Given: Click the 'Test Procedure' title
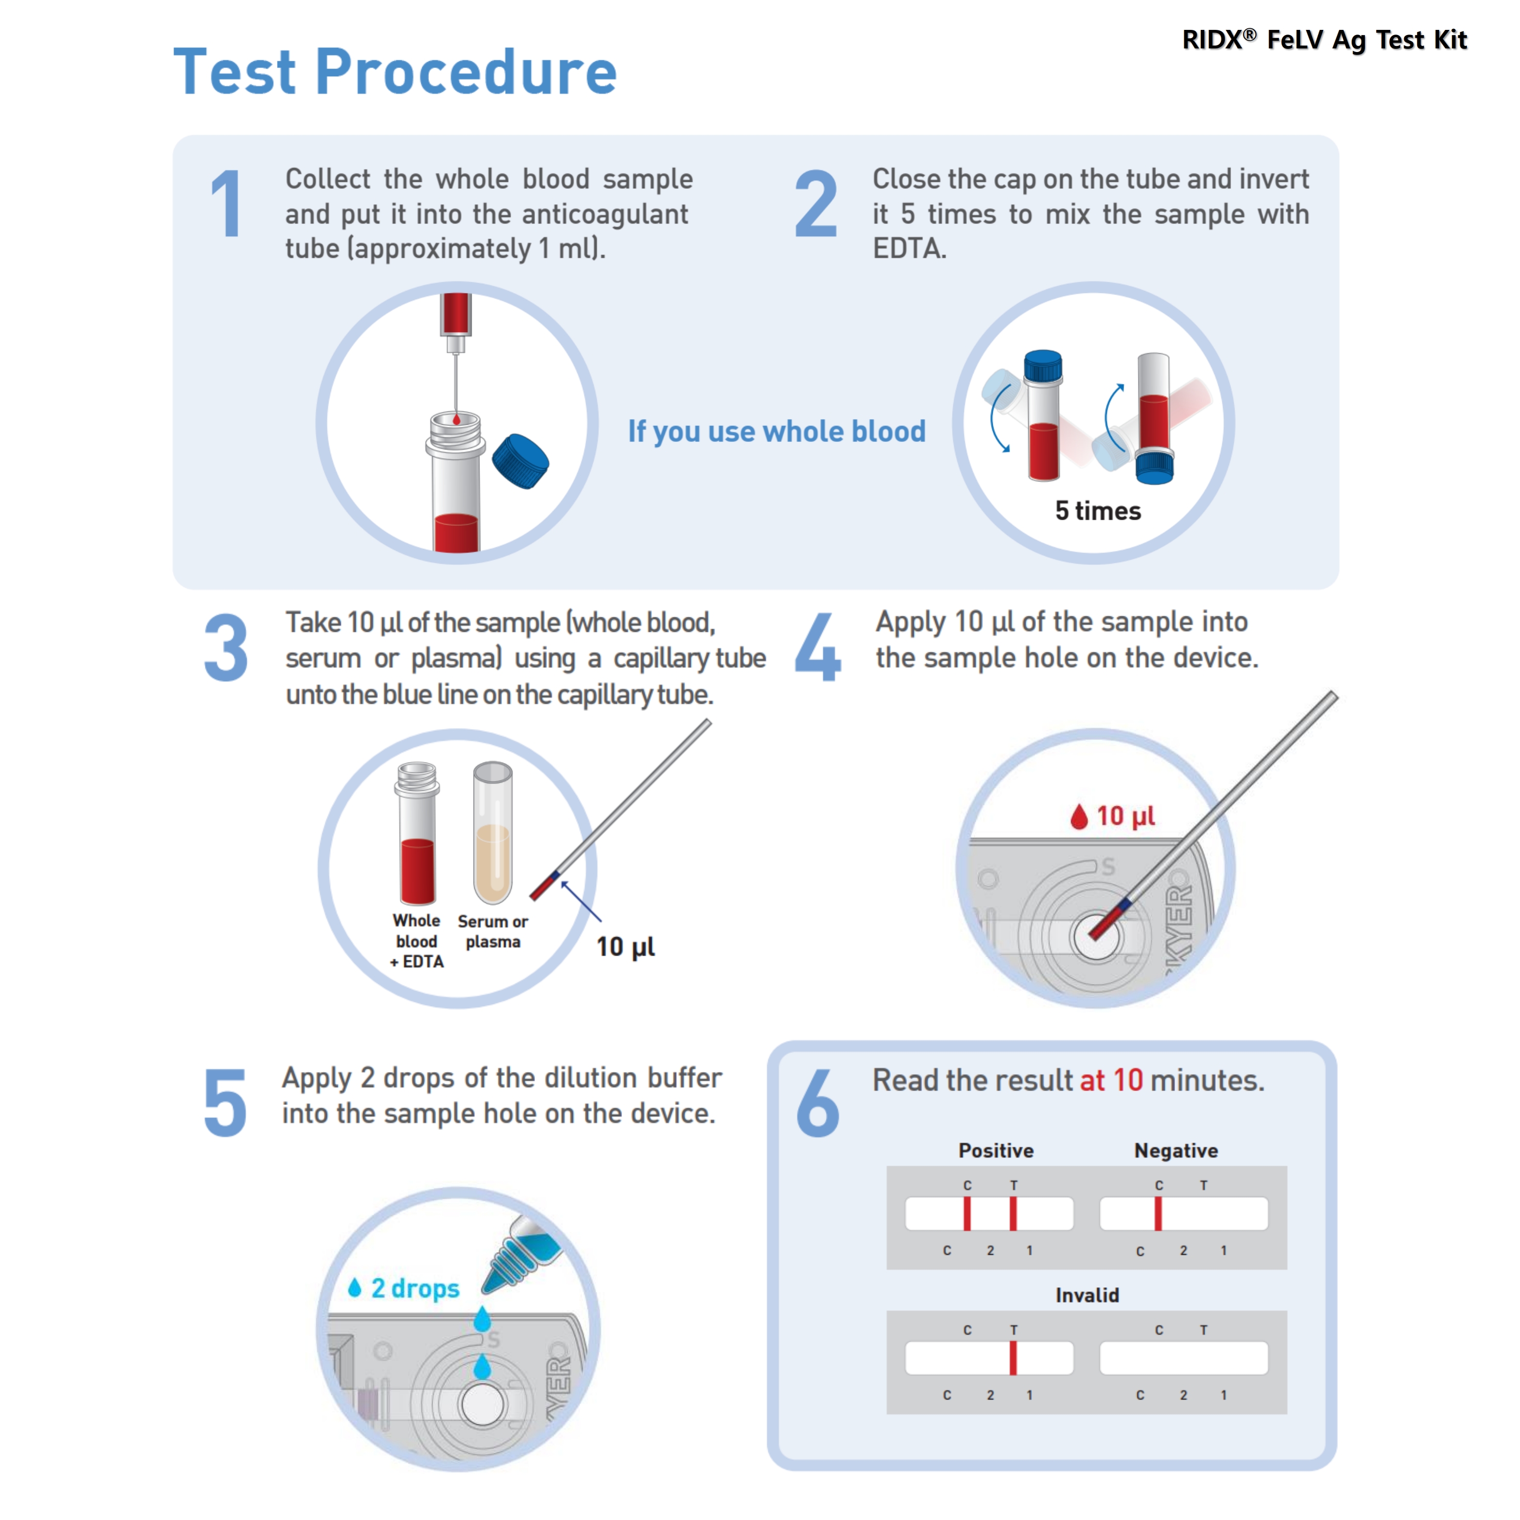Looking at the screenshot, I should coord(395,73).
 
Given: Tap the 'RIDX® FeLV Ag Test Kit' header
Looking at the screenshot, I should coord(1324,39).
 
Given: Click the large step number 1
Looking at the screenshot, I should coord(226,204).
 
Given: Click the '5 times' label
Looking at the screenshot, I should coord(1097,511).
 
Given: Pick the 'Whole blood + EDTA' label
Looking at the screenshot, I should coord(417,941).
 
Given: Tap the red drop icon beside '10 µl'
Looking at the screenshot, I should coord(1079,817).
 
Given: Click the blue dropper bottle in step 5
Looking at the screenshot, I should coord(523,1251).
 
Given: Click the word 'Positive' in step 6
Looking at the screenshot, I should coord(995,1150).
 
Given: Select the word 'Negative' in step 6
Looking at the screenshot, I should coord(1176,1150).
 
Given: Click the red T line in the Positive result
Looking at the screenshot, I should coord(1012,1213).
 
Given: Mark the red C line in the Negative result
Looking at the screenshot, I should coord(1158,1213).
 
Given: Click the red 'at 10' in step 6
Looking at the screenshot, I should coord(1111,1080).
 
